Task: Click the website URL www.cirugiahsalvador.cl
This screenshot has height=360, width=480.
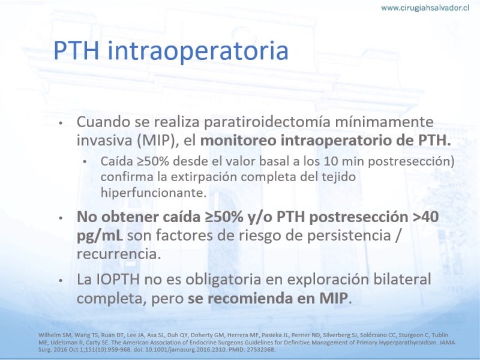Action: (x=425, y=8)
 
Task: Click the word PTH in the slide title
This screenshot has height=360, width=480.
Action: (x=76, y=50)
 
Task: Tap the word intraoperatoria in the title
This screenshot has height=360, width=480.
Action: (x=198, y=50)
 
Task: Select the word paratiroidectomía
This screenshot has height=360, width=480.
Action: (x=267, y=122)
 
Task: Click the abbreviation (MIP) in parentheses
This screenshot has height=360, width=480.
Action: (x=156, y=140)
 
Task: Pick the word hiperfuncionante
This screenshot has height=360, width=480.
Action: (x=154, y=193)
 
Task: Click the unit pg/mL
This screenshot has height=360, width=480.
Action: (x=100, y=236)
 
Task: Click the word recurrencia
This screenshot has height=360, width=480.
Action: (x=119, y=254)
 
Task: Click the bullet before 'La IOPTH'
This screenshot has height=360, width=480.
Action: (x=61, y=280)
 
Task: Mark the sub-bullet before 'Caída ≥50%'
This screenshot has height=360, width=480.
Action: (x=85, y=162)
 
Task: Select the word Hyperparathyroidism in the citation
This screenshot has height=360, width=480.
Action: (x=405, y=342)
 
